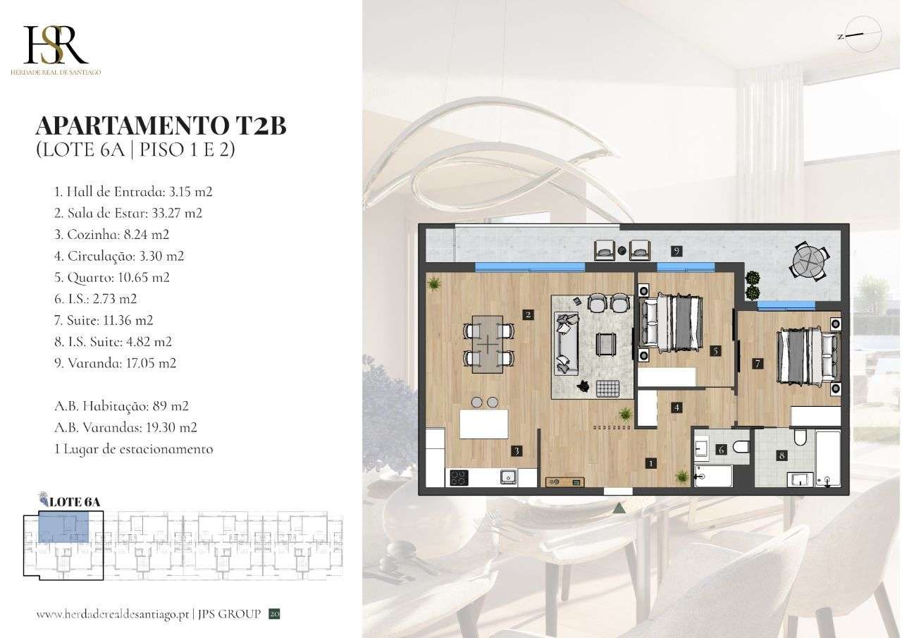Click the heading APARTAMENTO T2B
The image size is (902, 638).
161,126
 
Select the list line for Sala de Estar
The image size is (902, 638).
128,213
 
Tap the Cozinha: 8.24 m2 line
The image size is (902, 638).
111,235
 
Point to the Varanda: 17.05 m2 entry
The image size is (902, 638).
115,364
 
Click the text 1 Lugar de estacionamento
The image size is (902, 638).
133,448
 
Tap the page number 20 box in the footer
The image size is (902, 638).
275,614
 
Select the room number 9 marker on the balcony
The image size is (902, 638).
676,251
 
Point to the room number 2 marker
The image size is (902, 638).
528,315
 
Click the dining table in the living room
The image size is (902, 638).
488,343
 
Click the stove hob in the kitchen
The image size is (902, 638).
458,477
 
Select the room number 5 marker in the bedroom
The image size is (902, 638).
715,350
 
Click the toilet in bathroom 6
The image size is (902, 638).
740,446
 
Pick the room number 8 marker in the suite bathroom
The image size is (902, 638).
781,455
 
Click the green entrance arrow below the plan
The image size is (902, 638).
619,506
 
